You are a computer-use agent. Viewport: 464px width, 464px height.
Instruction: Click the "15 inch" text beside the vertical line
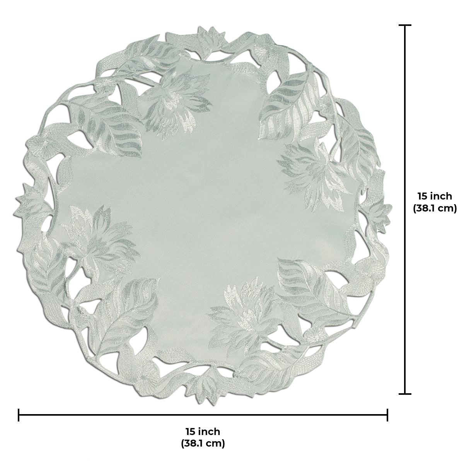point(435,196)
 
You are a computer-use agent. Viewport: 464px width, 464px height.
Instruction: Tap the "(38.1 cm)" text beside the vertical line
point(435,209)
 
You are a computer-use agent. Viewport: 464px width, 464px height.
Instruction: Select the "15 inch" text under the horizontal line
point(203,431)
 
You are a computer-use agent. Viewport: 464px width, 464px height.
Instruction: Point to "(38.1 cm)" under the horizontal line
point(203,443)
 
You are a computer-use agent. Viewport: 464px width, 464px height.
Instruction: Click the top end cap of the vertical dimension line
point(405,26)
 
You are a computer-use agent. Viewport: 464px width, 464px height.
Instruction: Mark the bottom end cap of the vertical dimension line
point(405,394)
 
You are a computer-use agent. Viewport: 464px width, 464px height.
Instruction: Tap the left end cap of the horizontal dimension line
point(19,415)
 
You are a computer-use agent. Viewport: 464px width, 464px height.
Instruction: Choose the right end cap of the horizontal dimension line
point(387,415)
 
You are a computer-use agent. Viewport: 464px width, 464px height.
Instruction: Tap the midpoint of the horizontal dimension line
point(203,415)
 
